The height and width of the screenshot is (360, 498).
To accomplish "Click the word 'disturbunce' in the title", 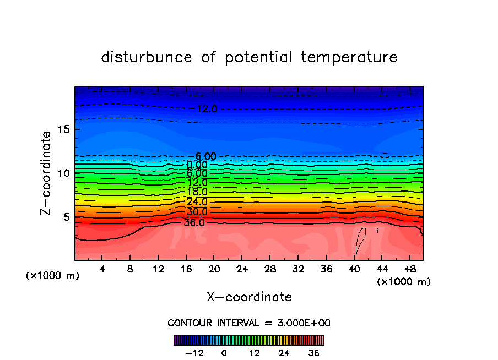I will click(147, 57).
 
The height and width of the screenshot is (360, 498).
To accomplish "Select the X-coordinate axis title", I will click(249, 297).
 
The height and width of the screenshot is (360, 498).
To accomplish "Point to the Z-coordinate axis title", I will click(47, 173).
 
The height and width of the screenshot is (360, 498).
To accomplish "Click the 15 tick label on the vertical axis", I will click(64, 129).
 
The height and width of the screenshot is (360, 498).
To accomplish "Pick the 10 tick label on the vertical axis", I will click(64, 173).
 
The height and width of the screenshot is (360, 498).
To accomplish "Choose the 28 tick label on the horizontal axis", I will click(269, 270).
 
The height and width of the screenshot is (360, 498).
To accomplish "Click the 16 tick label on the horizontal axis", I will click(186, 270).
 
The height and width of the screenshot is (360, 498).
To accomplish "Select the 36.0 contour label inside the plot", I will click(194, 223).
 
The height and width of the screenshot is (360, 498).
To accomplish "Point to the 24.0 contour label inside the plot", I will click(197, 201).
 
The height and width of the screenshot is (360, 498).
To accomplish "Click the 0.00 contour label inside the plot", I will click(197, 165).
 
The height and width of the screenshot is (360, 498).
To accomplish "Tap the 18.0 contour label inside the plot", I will click(197, 192).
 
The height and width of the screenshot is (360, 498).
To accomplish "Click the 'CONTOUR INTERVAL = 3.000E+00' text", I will click(249, 323).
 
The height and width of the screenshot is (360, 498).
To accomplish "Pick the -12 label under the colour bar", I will click(194, 353).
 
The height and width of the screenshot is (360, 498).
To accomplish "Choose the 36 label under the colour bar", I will click(313, 353).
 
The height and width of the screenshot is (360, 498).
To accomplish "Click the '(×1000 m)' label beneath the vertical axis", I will click(53, 276).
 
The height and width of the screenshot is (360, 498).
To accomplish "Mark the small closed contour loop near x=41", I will click(361, 239).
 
